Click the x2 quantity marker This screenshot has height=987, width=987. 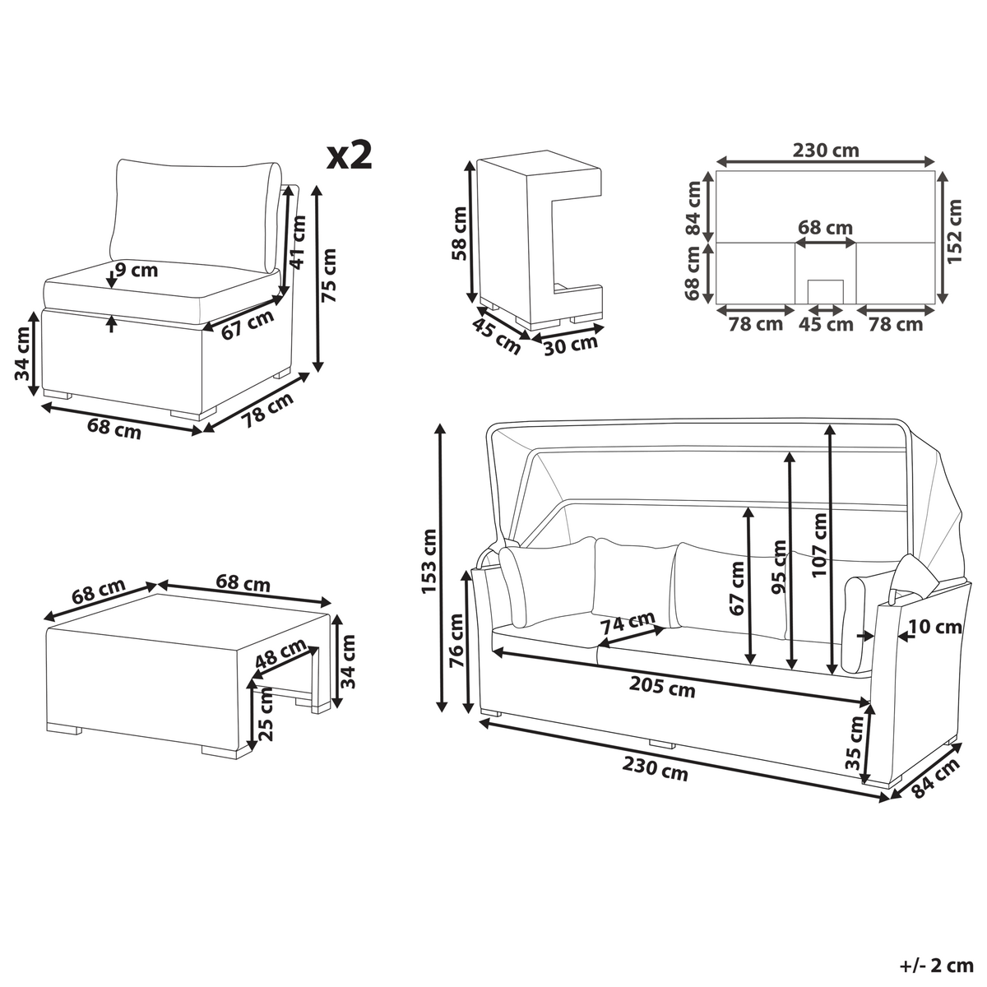pyautogui.click(x=350, y=155)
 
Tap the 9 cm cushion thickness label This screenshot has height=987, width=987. pyautogui.click(x=137, y=270)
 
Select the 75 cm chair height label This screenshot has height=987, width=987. pyautogui.click(x=329, y=276)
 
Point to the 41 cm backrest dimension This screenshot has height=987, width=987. pyautogui.click(x=298, y=242)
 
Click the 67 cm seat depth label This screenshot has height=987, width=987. pyautogui.click(x=248, y=324)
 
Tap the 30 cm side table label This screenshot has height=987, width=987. pyautogui.click(x=571, y=345)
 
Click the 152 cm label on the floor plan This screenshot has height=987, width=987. pyautogui.click(x=954, y=232)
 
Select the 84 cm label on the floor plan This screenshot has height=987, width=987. pyautogui.click(x=693, y=208)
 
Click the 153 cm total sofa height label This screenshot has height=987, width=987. pyautogui.click(x=429, y=562)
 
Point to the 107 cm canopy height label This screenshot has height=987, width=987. pyautogui.click(x=819, y=545)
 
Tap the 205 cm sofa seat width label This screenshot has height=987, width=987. pyautogui.click(x=662, y=688)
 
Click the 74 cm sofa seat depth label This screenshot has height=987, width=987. pyautogui.click(x=628, y=623)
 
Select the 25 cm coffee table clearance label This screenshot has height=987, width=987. pyautogui.click(x=266, y=714)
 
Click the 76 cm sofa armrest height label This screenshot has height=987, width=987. pyautogui.click(x=456, y=640)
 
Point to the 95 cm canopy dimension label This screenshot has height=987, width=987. pyautogui.click(x=779, y=567)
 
